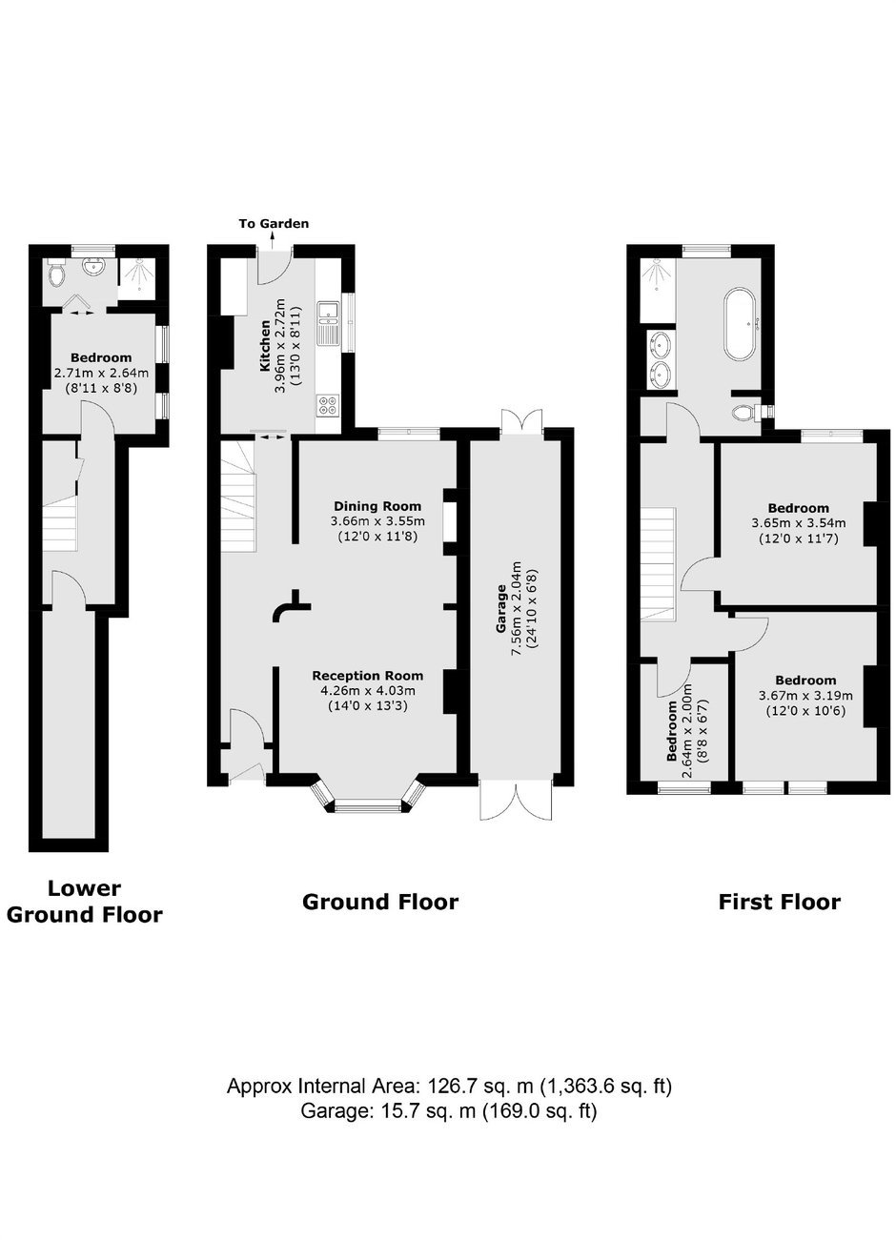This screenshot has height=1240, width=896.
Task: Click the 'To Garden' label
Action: [274, 224]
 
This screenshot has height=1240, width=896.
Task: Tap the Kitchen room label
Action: [265, 345]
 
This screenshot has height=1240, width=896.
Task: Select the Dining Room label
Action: [377, 506]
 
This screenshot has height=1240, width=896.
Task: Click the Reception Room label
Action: [368, 676]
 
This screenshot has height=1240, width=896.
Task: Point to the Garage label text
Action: [501, 609]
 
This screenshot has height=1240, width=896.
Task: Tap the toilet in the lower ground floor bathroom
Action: [55, 272]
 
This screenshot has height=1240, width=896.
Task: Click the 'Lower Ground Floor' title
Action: [84, 902]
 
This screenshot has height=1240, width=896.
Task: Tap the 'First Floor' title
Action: [779, 902]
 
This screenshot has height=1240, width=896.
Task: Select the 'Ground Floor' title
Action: [380, 902]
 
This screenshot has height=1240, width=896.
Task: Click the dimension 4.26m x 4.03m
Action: [368, 690]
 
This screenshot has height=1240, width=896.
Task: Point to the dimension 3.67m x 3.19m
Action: [805, 695]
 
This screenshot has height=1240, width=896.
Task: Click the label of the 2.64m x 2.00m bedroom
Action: [672, 731]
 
